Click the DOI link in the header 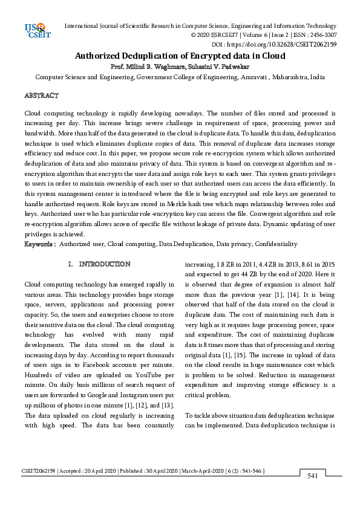(303, 44)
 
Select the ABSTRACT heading (41, 96)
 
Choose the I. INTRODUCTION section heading (99, 264)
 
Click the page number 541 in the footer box (313, 476)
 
